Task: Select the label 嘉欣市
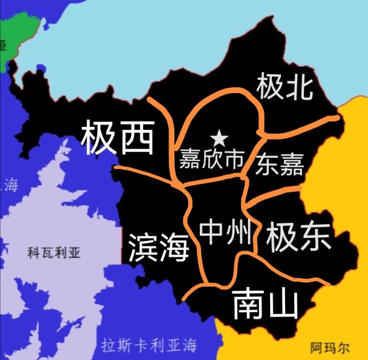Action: pos(211,160)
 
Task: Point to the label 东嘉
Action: pos(279,163)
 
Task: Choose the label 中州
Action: pos(225,231)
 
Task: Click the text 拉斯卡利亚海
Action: pos(149,346)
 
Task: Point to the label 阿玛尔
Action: pos(330,347)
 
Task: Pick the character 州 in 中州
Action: pos(238,231)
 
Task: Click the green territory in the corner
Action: pos(24,24)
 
